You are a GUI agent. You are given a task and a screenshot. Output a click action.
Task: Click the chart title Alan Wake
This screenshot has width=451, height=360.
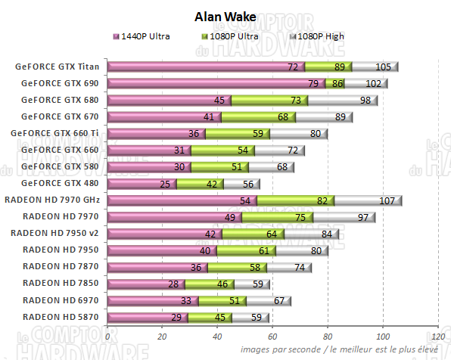click(x=225, y=16)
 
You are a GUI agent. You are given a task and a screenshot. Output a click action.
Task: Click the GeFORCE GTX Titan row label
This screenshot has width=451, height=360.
click(x=58, y=67)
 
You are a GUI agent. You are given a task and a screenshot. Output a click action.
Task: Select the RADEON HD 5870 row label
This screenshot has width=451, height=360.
click(x=61, y=316)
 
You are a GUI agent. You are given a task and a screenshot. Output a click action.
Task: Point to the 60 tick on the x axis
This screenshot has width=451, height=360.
click(x=273, y=337)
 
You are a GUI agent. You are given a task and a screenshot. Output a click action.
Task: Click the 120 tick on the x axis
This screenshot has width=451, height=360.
click(x=437, y=337)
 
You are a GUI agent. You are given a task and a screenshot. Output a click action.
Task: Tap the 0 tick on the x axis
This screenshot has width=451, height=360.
click(x=108, y=337)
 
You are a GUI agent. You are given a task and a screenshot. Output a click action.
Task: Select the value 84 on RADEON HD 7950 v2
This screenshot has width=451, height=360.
click(x=327, y=234)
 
